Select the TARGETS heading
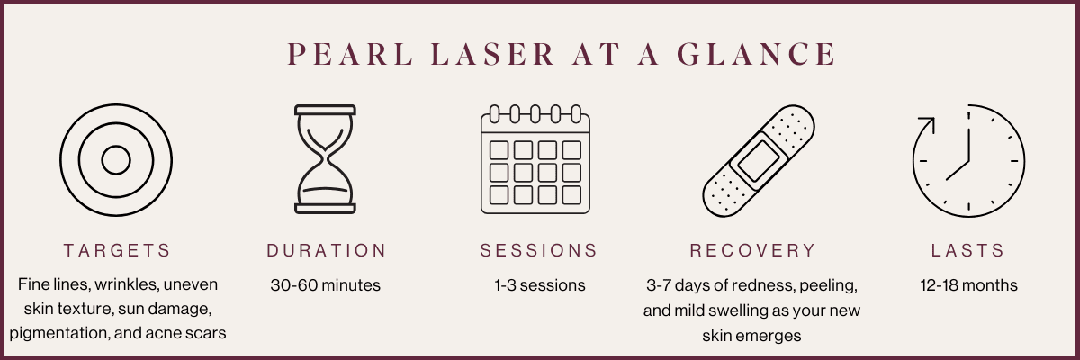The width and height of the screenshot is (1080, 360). tap(116, 250)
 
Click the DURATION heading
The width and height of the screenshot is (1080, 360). tap(327, 250)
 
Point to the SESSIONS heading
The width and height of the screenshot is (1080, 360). tap(539, 250)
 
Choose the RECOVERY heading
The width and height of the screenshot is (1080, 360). tap(752, 250)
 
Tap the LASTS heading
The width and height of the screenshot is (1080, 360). tap(968, 250)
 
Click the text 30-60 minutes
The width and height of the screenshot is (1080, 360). tap(326, 285)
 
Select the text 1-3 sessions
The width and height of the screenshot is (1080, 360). tap(539, 285)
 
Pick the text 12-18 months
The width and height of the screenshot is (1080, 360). tap(968, 285)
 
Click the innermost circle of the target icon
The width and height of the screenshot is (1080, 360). tap(116, 161)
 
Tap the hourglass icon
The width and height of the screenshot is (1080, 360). tap(326, 160)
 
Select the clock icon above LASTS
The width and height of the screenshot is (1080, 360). tap(968, 161)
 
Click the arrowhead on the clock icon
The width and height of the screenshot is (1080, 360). tap(923, 121)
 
